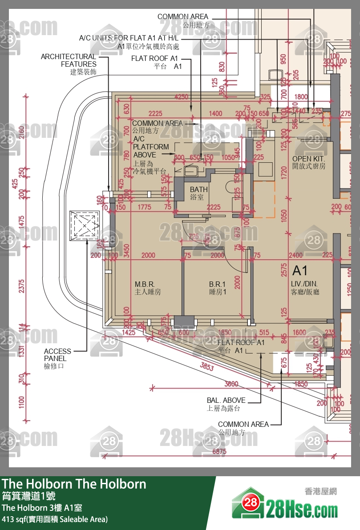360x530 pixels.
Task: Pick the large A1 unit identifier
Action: (x=300, y=271)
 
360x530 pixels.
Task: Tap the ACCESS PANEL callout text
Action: (x=55, y=355)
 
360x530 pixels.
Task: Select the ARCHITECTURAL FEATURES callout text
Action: (x=69, y=60)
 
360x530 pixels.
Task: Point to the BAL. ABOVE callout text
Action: (x=226, y=400)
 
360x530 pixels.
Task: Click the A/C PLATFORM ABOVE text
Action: (x=151, y=147)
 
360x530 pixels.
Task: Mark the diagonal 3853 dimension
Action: (x=207, y=367)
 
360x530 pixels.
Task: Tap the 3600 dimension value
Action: (x=231, y=384)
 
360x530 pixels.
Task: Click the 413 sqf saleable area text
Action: (x=55, y=519)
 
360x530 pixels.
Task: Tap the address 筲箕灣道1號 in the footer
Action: (x=29, y=495)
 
